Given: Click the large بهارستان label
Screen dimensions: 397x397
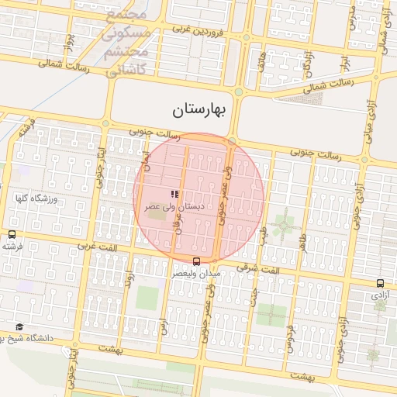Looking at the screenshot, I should pos(198,110).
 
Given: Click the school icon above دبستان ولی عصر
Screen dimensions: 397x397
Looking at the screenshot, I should pos(174,194).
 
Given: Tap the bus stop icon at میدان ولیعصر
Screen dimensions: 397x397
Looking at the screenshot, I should pos(195,261).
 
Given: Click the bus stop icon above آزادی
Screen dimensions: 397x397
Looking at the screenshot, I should pos(380,284).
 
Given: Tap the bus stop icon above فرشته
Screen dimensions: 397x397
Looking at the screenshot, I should pos(12,234).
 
